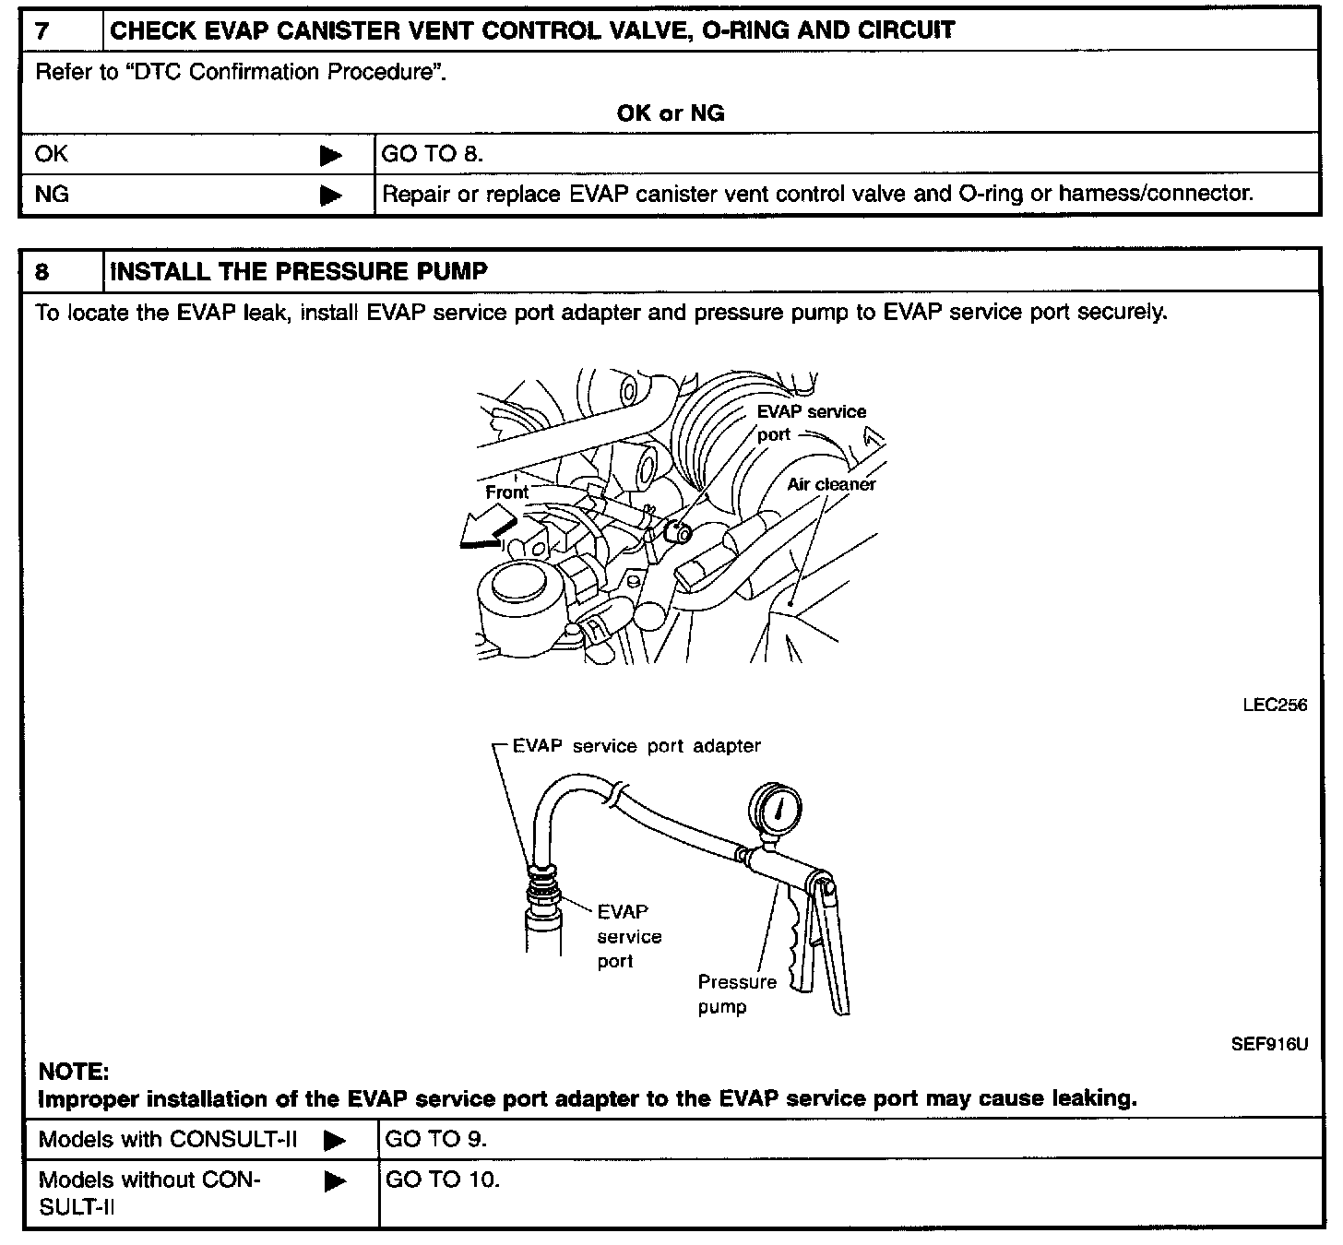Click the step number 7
point(42,30)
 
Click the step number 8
point(42,271)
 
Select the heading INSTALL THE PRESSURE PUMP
point(299,271)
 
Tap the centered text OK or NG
point(671,113)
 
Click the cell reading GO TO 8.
point(432,154)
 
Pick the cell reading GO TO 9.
point(435,1139)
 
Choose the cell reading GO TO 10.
point(442,1180)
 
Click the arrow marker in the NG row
point(331,196)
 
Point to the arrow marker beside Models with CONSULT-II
point(334,1141)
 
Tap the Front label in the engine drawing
point(506,492)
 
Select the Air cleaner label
point(831,484)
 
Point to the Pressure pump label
point(736,994)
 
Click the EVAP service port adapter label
point(636,745)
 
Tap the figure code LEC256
point(1274,705)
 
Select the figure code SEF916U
point(1269,1045)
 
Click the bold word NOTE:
point(74,1072)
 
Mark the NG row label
point(52,195)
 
